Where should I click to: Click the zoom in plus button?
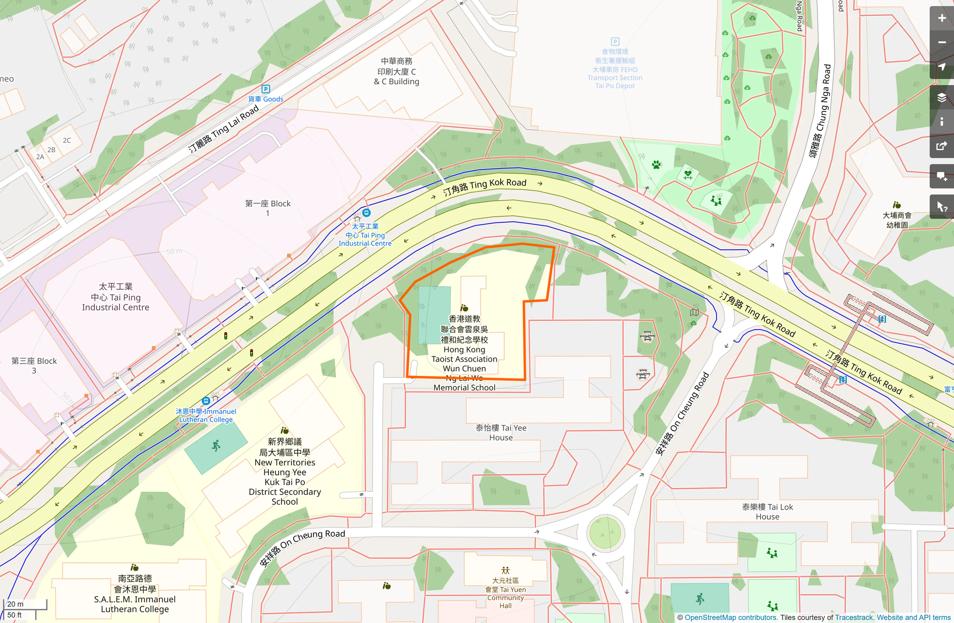click(x=941, y=18)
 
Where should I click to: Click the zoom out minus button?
click(x=941, y=43)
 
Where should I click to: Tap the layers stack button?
click(x=941, y=98)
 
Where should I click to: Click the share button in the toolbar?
click(x=941, y=146)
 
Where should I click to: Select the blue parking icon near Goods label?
click(x=265, y=89)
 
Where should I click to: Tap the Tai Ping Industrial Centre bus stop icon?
click(x=367, y=213)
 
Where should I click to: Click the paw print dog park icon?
click(x=656, y=165)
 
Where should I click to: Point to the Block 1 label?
click(x=267, y=208)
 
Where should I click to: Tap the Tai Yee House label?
click(x=501, y=433)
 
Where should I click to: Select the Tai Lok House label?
click(x=767, y=512)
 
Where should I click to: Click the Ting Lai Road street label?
click(x=223, y=130)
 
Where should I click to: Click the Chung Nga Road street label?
click(x=820, y=111)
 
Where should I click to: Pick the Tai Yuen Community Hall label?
click(x=505, y=593)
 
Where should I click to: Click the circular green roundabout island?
click(x=605, y=532)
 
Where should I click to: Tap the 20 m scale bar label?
click(x=15, y=604)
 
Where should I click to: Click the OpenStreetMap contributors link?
click(x=730, y=617)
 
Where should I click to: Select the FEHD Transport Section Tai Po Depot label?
click(x=615, y=68)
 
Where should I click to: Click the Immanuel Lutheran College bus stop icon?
click(x=206, y=401)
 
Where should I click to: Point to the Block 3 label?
click(x=34, y=365)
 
